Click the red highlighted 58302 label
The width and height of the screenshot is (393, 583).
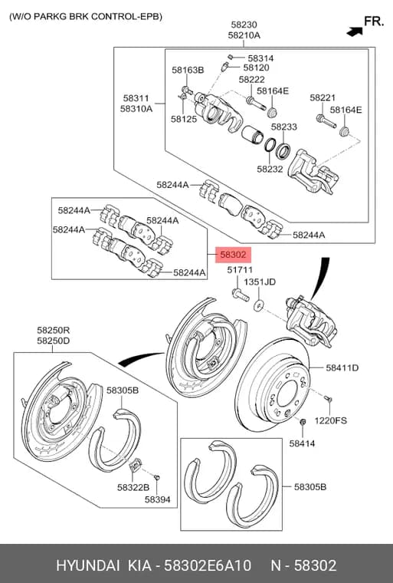point(234,255)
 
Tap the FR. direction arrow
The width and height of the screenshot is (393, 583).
point(355,31)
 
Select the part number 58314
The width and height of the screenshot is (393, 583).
point(260,58)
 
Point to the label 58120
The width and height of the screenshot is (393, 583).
point(257,68)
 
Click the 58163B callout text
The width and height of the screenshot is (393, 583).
point(188,70)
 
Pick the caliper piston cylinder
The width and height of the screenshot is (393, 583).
point(252,133)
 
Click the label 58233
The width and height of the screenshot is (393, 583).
point(283,127)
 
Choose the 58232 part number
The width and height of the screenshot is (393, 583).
point(270,170)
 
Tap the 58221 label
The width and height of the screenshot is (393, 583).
point(323,97)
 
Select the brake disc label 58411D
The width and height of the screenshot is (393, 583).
point(342,367)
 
